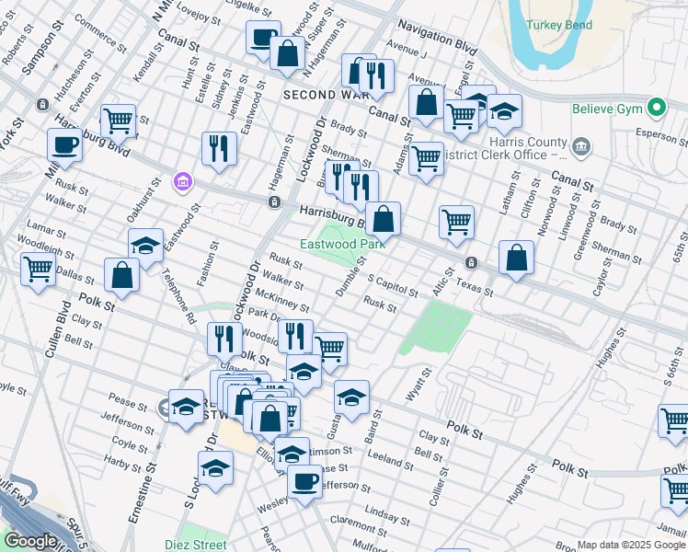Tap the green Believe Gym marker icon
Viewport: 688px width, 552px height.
click(x=656, y=109)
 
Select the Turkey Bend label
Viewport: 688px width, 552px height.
click(x=557, y=25)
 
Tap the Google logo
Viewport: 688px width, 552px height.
click(x=30, y=541)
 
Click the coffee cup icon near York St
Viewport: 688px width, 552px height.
click(x=64, y=144)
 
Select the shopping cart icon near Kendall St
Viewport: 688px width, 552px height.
click(x=118, y=119)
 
